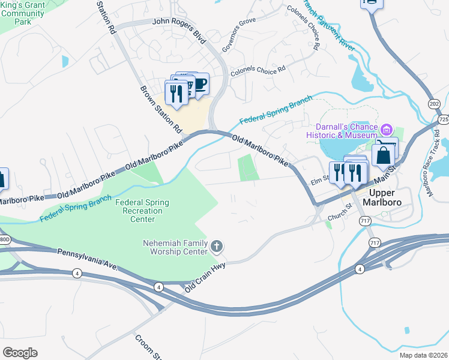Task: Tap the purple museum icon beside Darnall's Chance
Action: pos(387,129)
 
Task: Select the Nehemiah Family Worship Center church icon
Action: pos(217,246)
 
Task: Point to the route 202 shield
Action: pos(434,104)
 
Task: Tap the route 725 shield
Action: pos(443,120)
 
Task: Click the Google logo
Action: pos(20,352)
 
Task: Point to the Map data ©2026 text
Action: pos(423,355)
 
